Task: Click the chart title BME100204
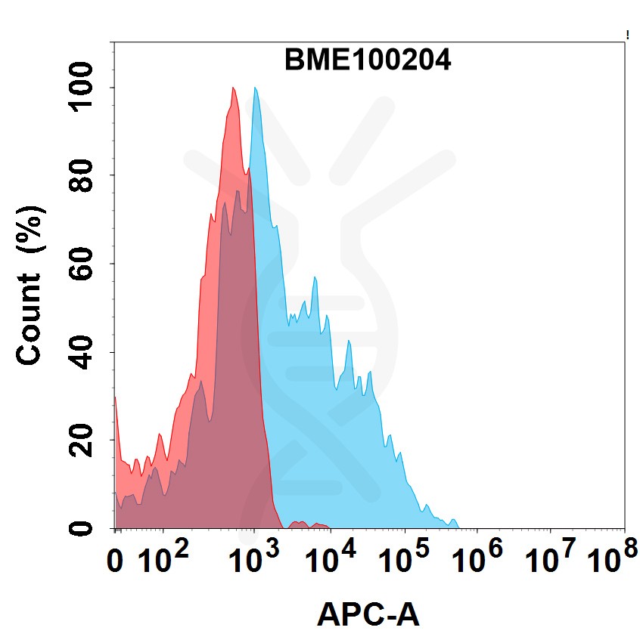click(368, 60)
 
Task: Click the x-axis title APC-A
click(368, 616)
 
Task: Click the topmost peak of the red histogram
click(234, 88)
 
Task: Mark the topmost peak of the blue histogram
click(256, 88)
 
